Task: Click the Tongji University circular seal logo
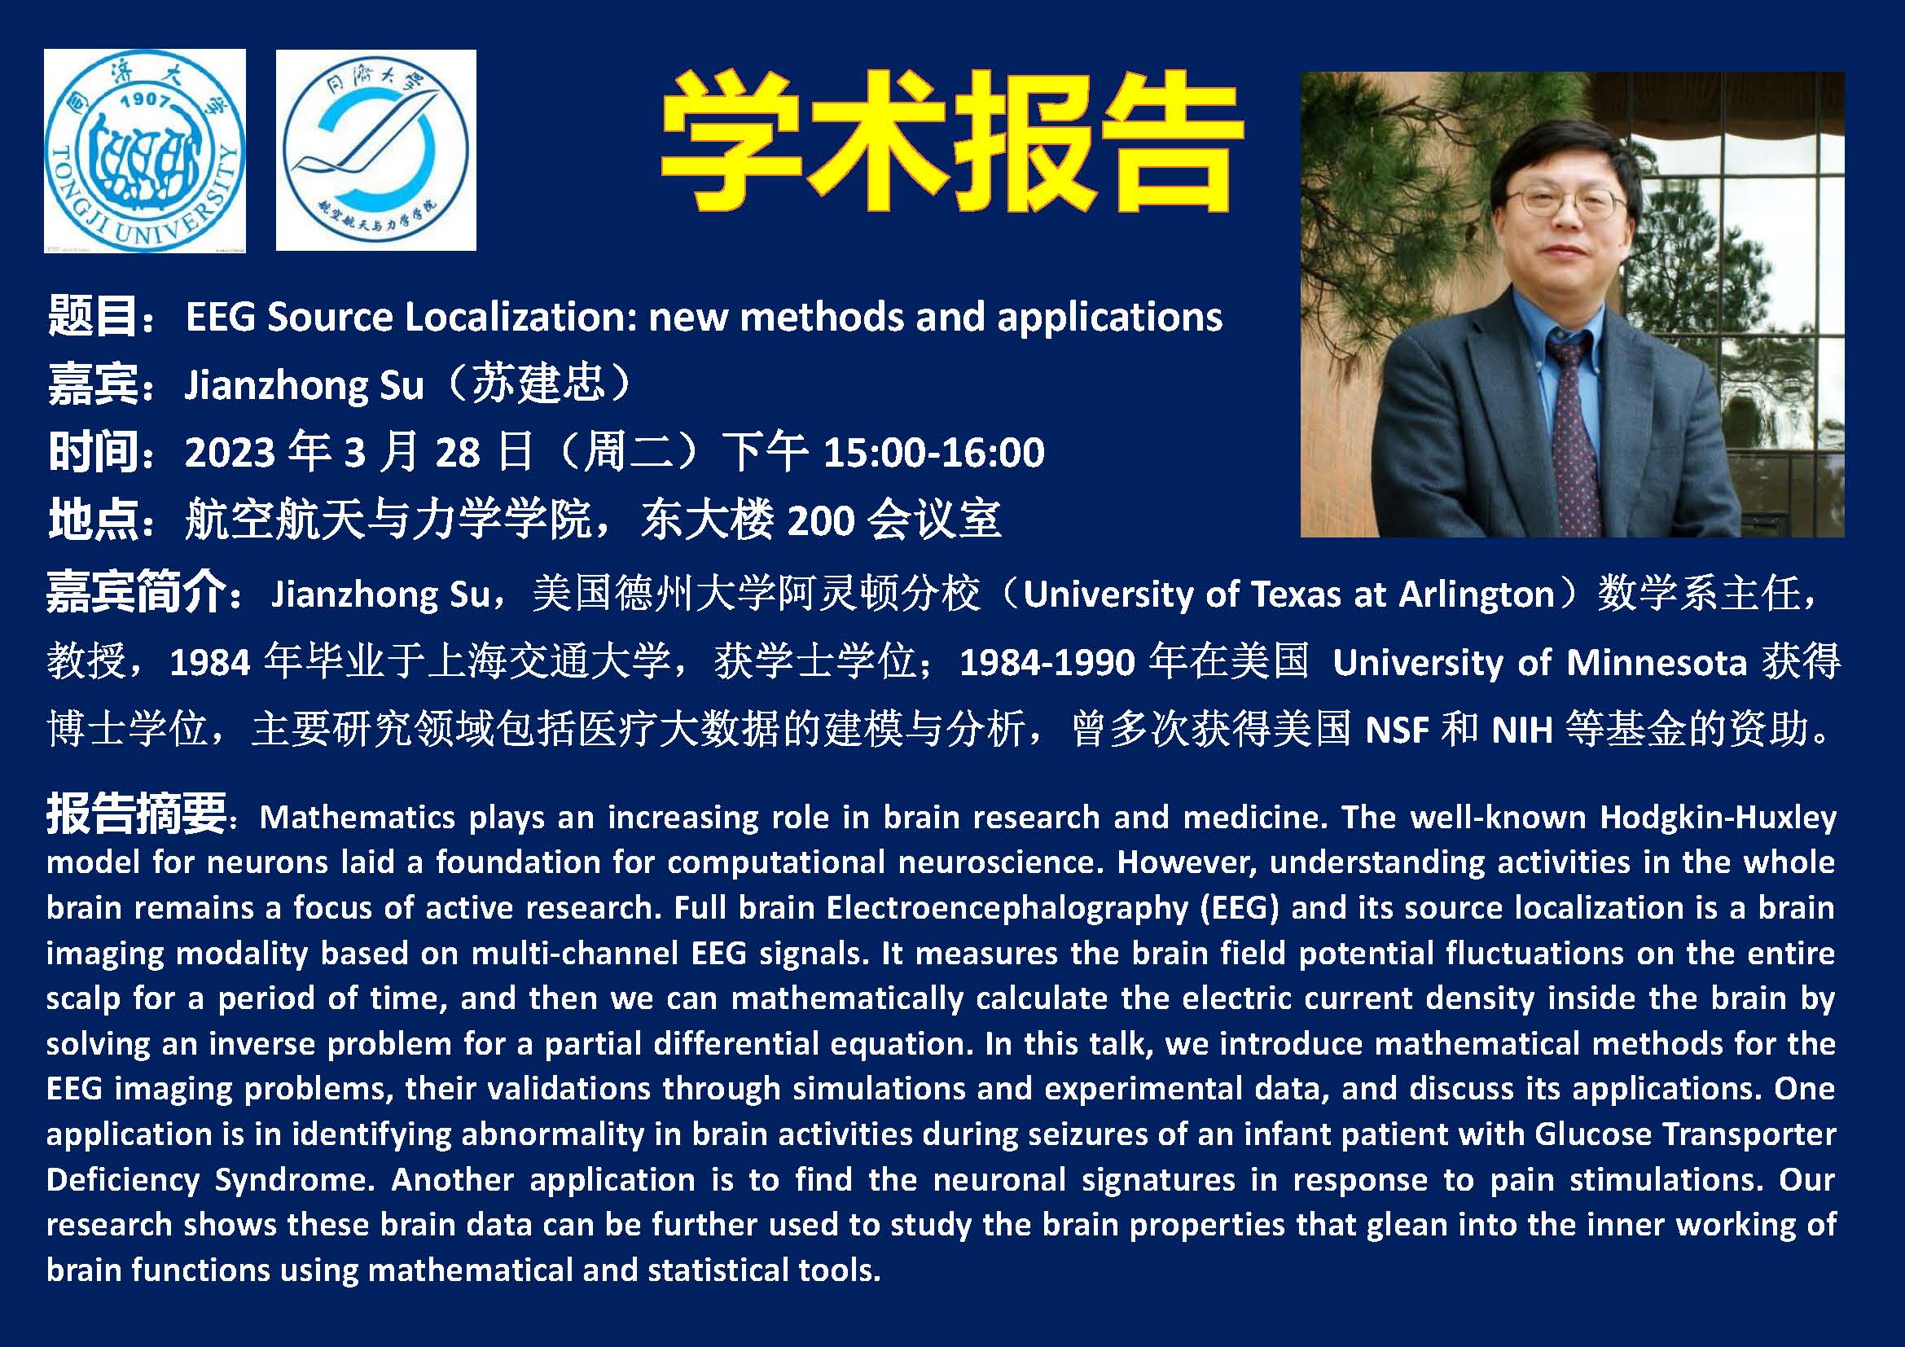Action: [x=144, y=150]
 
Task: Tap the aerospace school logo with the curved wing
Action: [x=375, y=150]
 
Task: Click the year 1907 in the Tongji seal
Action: [x=145, y=101]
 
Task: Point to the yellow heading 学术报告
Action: [x=950, y=142]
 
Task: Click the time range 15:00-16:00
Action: [x=933, y=452]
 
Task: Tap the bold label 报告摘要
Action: [x=136, y=813]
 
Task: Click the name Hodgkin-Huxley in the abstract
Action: [x=1718, y=818]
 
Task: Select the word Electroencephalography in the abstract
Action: [x=1007, y=908]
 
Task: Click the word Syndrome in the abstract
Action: [x=294, y=1179]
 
